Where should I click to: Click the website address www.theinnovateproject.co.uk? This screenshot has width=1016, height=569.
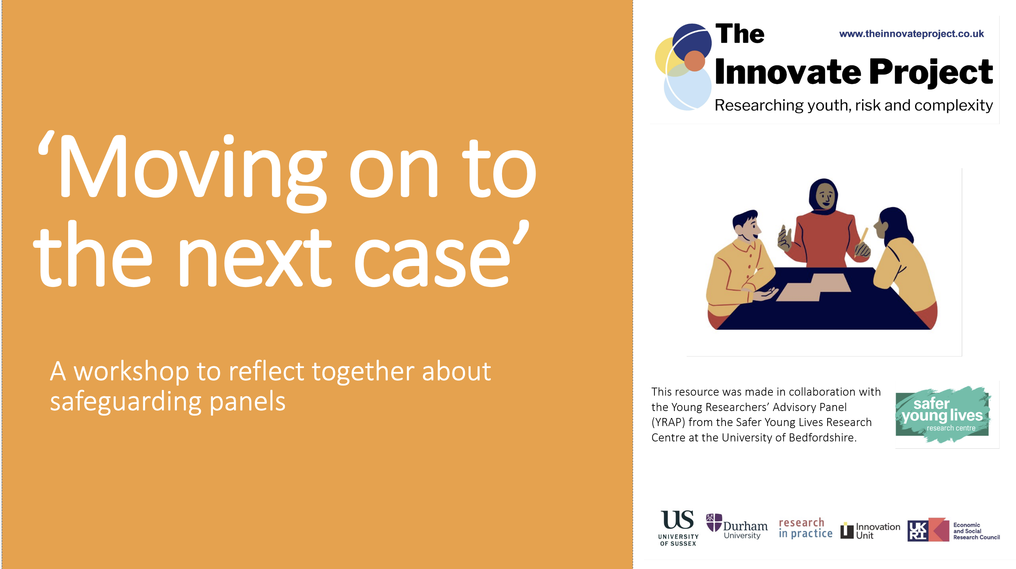pos(911,34)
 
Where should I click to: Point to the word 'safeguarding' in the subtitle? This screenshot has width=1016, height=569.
pos(126,402)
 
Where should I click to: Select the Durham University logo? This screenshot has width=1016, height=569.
pos(736,526)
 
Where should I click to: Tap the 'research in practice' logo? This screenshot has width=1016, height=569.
pos(806,528)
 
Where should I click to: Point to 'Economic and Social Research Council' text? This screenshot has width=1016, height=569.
pos(976,531)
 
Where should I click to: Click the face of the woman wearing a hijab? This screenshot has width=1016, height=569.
pos(825,196)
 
